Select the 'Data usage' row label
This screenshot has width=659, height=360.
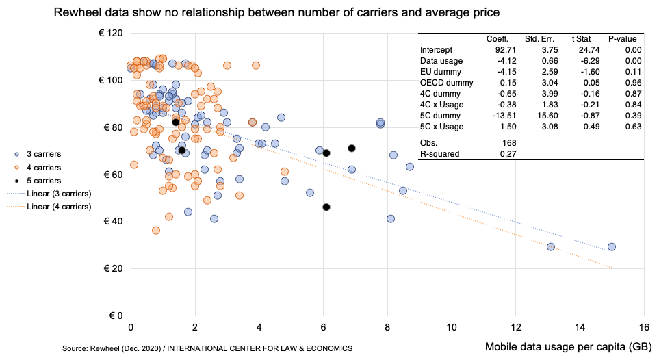pos(441,61)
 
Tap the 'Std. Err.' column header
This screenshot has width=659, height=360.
pos(539,39)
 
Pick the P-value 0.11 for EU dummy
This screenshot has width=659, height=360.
pos(633,72)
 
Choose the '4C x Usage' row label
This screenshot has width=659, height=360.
pos(441,105)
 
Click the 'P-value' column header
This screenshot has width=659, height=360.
pos(622,39)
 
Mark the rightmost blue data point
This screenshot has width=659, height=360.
pos(612,247)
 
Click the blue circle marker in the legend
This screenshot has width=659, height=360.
pos(16,155)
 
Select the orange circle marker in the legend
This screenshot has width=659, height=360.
pos(16,168)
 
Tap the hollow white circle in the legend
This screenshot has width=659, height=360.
pos(16,181)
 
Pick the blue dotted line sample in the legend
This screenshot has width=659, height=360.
pos(16,194)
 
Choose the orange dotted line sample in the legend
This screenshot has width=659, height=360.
pos(16,206)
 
